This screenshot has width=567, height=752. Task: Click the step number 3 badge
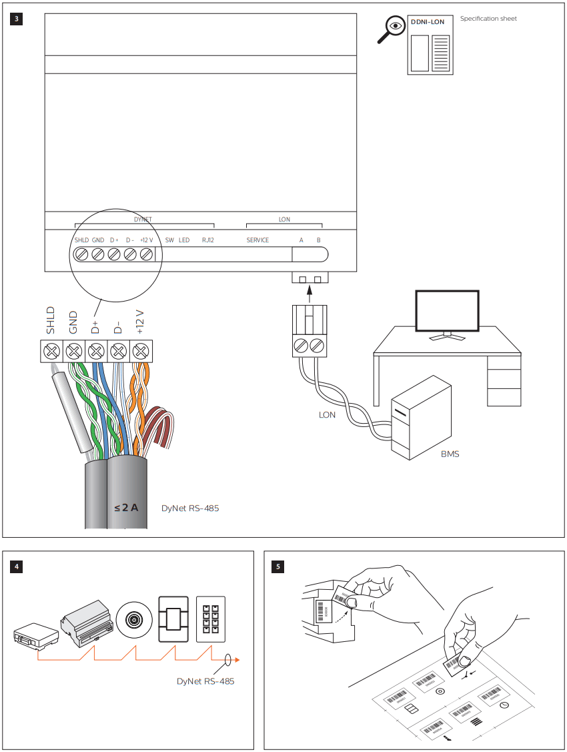[17, 19]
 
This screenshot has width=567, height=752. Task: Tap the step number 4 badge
[17, 567]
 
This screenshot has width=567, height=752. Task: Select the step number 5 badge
[278, 567]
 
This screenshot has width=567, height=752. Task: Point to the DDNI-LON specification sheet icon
[430, 45]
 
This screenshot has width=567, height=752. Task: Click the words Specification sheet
[488, 19]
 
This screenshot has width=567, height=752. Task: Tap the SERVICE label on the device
[257, 240]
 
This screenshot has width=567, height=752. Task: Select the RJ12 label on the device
[208, 240]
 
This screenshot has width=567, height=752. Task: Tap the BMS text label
[450, 454]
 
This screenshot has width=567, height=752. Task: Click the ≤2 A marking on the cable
[126, 508]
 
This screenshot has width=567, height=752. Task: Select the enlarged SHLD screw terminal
[51, 350]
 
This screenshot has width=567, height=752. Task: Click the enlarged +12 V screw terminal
[141, 350]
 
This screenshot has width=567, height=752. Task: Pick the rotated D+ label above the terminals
[95, 323]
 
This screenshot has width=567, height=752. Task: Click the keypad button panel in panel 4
[211, 619]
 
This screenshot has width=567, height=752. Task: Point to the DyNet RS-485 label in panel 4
[205, 682]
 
